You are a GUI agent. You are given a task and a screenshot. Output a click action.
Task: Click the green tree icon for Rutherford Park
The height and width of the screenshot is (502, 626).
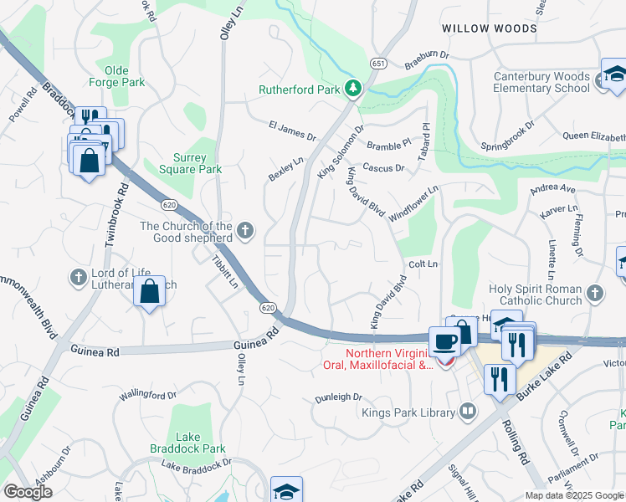click(x=354, y=89)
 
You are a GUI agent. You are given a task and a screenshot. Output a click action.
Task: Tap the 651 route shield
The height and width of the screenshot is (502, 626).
click(x=378, y=64)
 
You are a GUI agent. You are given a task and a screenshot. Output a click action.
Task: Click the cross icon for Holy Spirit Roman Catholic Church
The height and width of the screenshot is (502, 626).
click(x=594, y=293)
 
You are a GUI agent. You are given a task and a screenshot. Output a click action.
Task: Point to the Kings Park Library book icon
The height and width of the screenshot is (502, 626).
click(x=467, y=412)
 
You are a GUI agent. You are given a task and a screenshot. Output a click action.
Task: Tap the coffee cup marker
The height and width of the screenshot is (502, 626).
click(x=444, y=342)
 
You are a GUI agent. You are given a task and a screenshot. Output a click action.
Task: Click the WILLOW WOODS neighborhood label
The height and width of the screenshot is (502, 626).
click(x=490, y=28)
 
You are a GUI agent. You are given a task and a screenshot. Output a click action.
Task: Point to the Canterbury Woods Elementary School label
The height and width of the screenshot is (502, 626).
click(x=530, y=81)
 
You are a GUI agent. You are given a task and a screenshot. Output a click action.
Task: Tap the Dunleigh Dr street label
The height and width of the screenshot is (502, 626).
click(x=338, y=397)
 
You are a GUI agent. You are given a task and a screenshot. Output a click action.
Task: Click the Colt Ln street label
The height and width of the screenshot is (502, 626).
click(x=423, y=264)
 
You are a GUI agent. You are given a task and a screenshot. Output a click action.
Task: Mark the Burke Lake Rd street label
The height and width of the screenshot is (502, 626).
click(x=544, y=376)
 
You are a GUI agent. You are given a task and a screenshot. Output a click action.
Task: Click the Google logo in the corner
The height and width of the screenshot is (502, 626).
click(x=27, y=491)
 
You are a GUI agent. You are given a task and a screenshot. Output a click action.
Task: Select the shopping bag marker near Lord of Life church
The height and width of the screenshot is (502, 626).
click(x=149, y=292)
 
